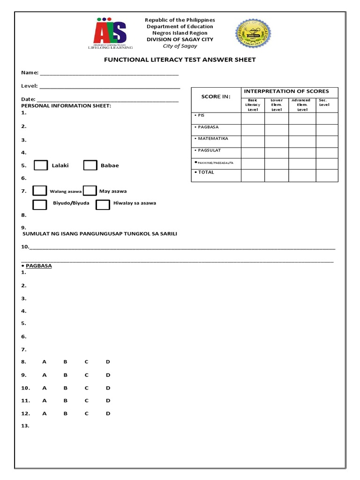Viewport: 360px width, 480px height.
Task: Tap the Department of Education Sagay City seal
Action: click(253, 34)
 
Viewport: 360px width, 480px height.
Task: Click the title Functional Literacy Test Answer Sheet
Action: click(180, 60)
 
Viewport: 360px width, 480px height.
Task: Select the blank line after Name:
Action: click(109, 74)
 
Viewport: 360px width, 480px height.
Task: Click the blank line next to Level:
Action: click(110, 87)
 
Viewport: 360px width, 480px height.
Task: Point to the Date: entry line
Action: click(107, 100)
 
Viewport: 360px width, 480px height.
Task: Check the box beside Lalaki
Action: click(41, 165)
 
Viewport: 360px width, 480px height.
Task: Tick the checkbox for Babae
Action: click(90, 165)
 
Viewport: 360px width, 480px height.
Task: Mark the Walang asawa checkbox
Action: click(40, 190)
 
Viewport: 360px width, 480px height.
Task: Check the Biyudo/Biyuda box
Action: click(40, 204)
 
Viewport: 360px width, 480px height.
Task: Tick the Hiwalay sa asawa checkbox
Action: click(103, 204)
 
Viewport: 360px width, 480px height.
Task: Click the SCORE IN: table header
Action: click(216, 97)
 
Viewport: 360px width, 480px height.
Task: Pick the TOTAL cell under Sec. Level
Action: click(326, 175)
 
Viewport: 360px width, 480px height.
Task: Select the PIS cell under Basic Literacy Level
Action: click(253, 118)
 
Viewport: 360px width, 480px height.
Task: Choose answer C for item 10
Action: click(87, 388)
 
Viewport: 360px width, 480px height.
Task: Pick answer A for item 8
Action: click(45, 362)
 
